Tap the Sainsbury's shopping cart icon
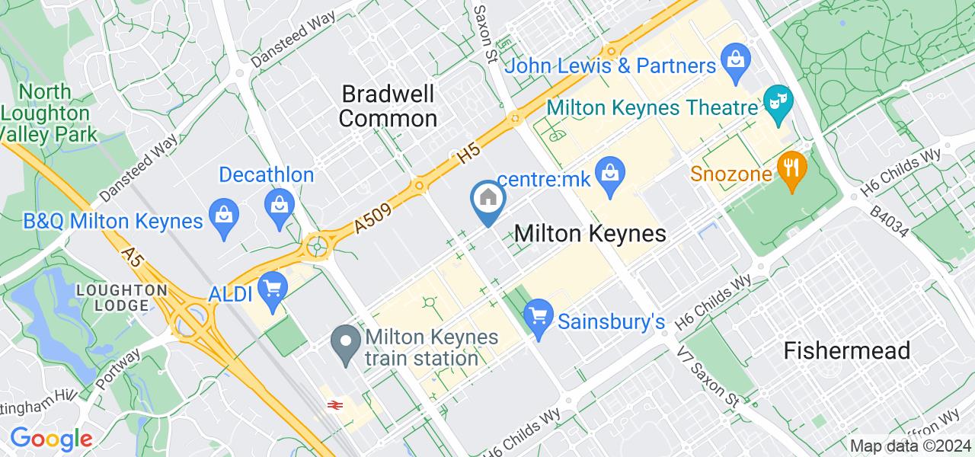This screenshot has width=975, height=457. point(539,314)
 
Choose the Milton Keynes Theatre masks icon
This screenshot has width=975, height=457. point(779,99)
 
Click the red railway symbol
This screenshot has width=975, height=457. point(333,405)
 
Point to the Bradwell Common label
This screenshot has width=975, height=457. point(388,106)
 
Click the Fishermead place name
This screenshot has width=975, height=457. point(848,350)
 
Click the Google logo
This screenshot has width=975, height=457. point(51,438)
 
